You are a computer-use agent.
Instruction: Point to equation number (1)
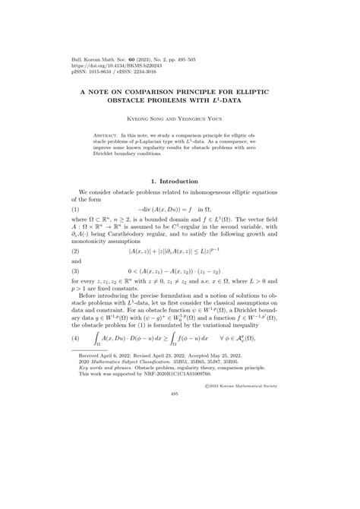tap(75, 208)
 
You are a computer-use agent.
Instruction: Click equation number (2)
tap(75, 249)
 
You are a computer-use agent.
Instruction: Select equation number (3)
tap(75, 270)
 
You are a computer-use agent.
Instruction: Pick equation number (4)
tap(75, 337)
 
